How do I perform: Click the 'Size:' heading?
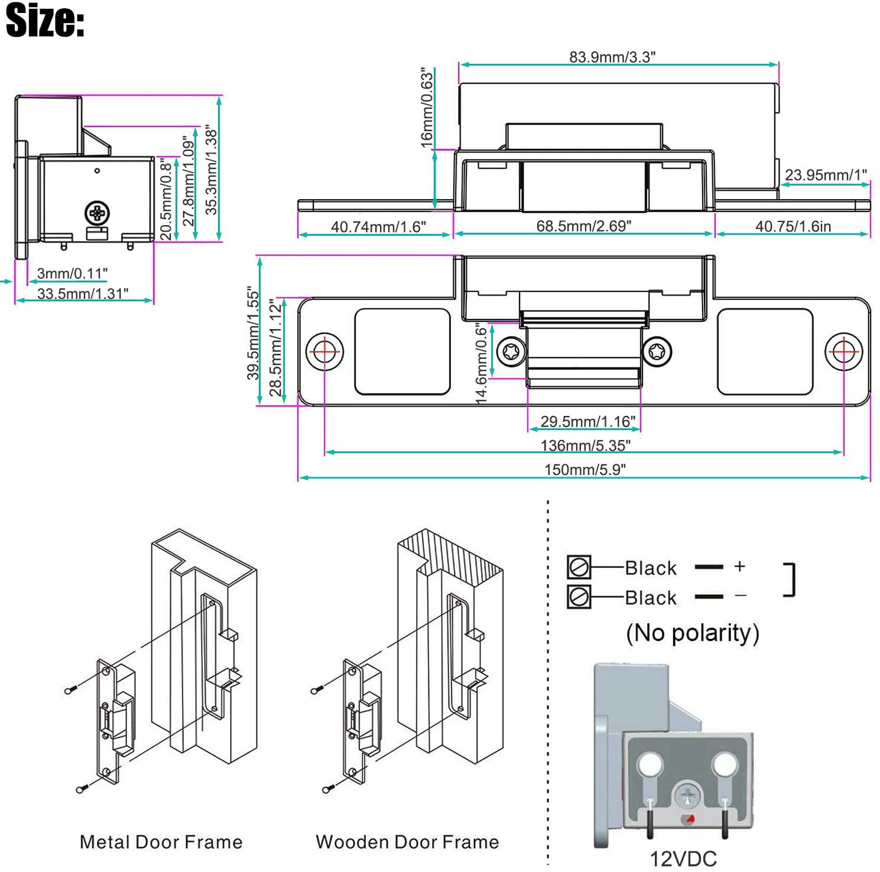(45, 20)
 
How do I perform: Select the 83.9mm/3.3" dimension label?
(612, 57)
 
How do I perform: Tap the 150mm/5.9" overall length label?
(585, 469)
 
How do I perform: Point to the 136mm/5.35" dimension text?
(586, 445)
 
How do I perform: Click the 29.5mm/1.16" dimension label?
(588, 421)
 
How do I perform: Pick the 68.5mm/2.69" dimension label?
(584, 226)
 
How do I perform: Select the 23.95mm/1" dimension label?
(826, 175)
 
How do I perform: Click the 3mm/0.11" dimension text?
(72, 273)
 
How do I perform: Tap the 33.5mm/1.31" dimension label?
(82, 294)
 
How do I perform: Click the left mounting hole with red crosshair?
(324, 352)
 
